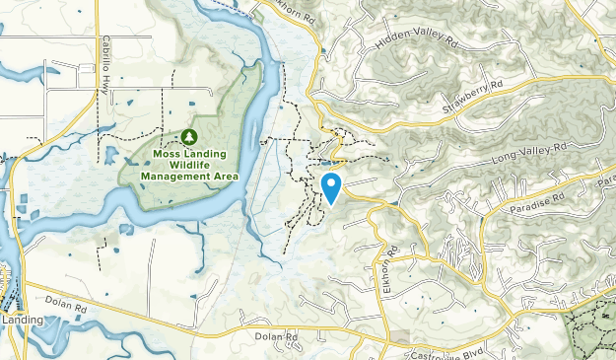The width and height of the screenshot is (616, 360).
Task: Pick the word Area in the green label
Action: pyautogui.click(x=226, y=177)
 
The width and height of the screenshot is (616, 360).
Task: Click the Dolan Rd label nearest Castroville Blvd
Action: pyautogui.click(x=277, y=337)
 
